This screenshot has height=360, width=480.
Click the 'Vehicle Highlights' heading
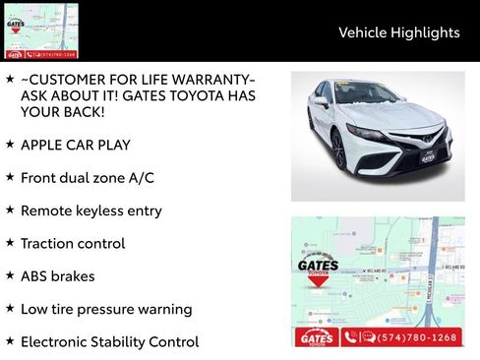(x=398, y=32)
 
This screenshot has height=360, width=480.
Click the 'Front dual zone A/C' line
(x=87, y=178)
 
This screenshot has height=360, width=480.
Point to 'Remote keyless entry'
(x=90, y=210)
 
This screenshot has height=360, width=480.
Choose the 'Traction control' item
(x=73, y=243)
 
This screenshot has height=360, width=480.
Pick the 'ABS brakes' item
(x=57, y=276)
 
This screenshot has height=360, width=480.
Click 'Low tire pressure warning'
(x=105, y=309)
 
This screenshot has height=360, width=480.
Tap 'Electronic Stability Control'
(x=109, y=342)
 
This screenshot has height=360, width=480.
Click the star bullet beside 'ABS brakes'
(x=10, y=275)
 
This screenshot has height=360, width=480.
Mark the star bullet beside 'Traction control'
(x=10, y=242)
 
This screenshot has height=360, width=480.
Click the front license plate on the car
(x=427, y=157)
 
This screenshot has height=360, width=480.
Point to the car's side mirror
(x=322, y=102)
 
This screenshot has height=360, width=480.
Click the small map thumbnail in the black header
(x=40, y=30)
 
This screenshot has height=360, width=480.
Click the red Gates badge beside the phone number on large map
(x=316, y=337)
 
